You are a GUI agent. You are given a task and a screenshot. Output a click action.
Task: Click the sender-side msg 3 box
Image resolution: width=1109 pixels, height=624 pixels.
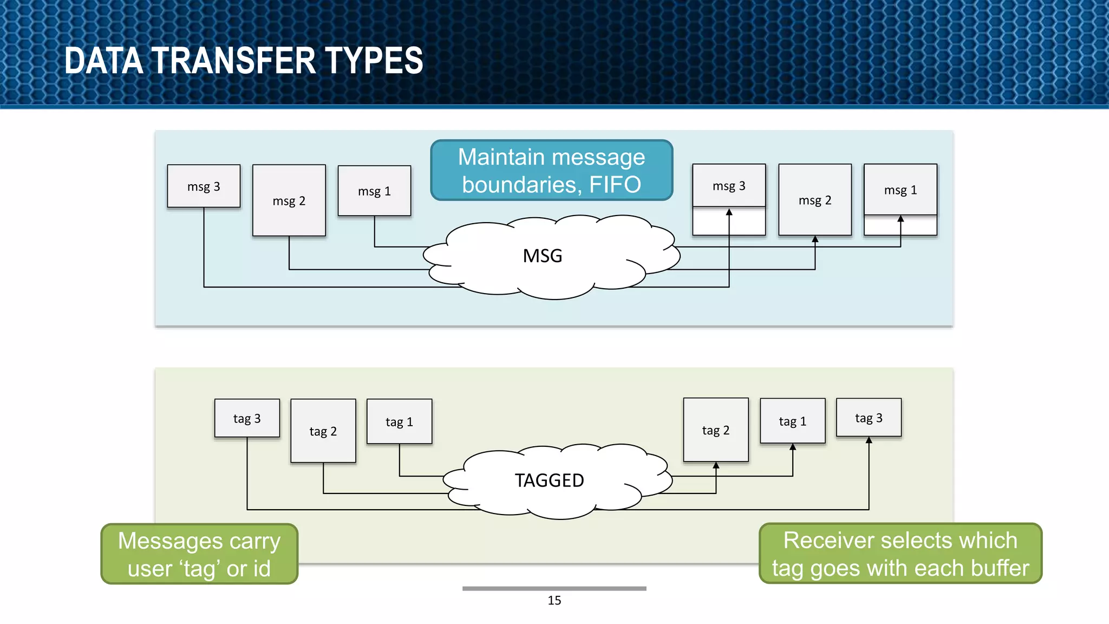click(x=204, y=186)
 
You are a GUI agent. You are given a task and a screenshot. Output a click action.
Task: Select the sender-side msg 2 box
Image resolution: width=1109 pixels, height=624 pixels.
click(x=289, y=200)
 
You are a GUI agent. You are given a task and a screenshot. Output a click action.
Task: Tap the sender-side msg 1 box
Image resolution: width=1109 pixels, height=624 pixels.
click(x=374, y=191)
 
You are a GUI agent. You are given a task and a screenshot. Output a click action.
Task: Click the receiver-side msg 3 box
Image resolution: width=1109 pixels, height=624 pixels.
click(x=729, y=186)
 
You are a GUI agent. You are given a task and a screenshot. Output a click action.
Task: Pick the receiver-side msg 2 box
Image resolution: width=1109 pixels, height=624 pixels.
click(x=814, y=200)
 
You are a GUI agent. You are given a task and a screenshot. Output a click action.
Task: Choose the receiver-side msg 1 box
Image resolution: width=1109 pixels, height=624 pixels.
click(x=900, y=190)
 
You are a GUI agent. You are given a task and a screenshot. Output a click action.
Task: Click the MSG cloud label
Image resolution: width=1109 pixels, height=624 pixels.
click(x=543, y=256)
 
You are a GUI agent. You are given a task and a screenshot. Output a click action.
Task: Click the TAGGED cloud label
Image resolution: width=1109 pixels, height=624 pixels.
click(x=549, y=480)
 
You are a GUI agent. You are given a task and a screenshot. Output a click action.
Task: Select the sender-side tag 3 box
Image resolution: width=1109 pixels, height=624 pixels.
click(x=247, y=418)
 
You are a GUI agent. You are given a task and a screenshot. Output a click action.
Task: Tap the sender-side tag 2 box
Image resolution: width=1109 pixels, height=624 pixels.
click(x=323, y=431)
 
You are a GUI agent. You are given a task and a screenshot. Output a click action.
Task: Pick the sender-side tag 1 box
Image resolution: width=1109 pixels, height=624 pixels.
click(x=399, y=422)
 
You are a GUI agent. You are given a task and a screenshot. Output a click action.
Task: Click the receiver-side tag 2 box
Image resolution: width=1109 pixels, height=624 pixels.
click(x=715, y=430)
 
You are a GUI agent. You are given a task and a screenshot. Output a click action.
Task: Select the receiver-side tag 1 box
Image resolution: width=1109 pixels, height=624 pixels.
click(x=792, y=421)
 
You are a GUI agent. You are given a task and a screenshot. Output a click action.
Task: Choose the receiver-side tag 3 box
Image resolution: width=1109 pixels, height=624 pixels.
click(x=869, y=418)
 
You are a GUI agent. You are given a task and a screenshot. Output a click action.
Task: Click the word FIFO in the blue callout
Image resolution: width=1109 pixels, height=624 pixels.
click(x=615, y=185)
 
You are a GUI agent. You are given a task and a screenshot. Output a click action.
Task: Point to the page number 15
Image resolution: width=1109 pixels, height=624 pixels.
click(x=554, y=600)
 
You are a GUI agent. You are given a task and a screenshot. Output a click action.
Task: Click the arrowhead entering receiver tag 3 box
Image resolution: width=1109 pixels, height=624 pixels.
click(x=869, y=440)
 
